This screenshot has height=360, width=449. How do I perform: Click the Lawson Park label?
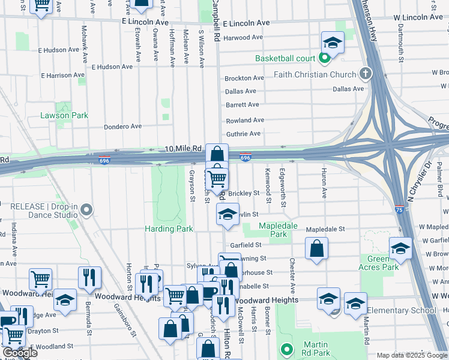click(64, 115)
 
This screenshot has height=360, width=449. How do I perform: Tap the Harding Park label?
click(169, 229)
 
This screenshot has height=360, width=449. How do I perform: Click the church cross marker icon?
click(365, 74)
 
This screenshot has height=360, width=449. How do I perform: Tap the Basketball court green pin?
click(325, 58)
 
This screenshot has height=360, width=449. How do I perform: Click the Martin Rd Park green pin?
click(286, 349)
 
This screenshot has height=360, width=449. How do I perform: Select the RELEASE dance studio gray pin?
click(87, 210)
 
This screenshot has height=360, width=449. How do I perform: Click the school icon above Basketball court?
click(331, 43)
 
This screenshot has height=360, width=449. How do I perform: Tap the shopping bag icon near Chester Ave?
click(316, 248)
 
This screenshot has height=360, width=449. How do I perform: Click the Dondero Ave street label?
click(122, 127)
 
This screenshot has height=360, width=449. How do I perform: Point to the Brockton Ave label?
click(244, 78)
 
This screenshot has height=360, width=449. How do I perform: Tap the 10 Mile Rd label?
click(182, 148)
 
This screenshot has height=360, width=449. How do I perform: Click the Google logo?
click(20, 353)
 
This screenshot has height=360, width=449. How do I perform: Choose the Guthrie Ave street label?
click(243, 134)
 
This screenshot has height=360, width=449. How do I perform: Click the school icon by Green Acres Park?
click(400, 248)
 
